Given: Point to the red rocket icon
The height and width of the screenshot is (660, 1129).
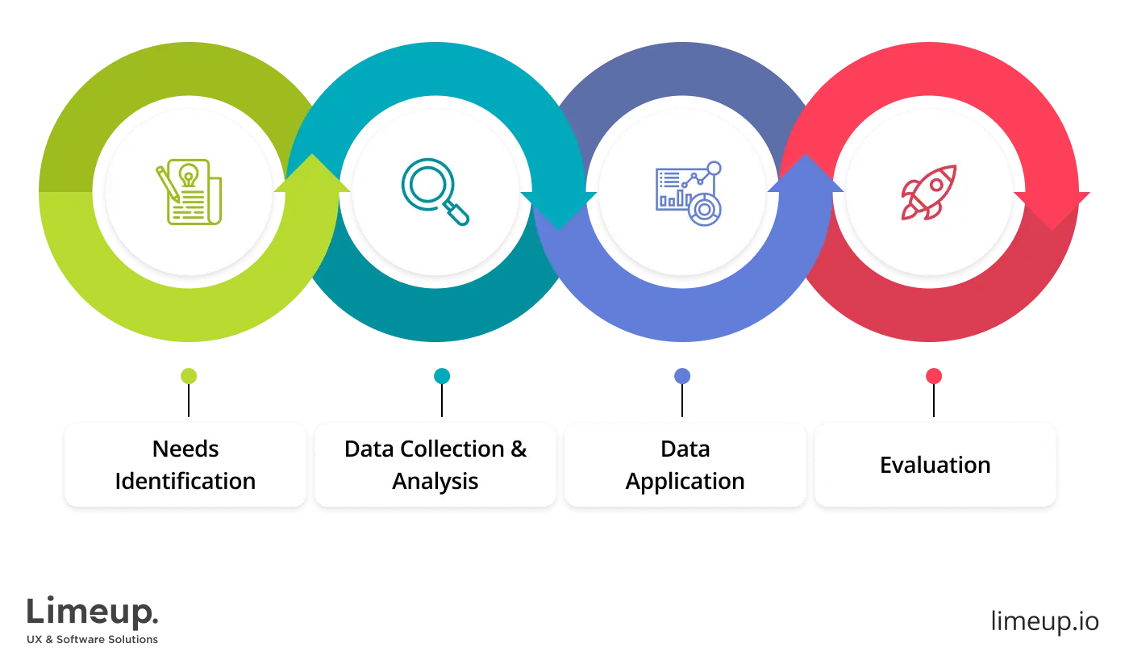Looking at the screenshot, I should pyautogui.click(x=929, y=192).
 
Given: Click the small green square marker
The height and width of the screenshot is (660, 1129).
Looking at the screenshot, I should pyautogui.click(x=190, y=377).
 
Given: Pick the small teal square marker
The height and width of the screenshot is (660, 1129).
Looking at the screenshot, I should pyautogui.click(x=442, y=377).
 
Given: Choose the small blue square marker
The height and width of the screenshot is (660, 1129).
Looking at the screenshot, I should pyautogui.click(x=682, y=377).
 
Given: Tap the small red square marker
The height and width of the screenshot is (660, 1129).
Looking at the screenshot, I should pyautogui.click(x=934, y=377).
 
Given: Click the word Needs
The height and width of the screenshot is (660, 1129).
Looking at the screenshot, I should pyautogui.click(x=185, y=449).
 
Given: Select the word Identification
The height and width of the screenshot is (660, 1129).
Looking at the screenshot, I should pyautogui.click(x=185, y=481).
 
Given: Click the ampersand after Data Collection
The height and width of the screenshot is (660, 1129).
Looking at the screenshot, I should pyautogui.click(x=519, y=449).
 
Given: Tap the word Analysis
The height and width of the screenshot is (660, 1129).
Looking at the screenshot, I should pyautogui.click(x=435, y=481).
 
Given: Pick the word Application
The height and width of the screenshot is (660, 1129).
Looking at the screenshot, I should pyautogui.click(x=685, y=482).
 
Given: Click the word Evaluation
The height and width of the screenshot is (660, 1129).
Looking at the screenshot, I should pyautogui.click(x=935, y=465).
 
